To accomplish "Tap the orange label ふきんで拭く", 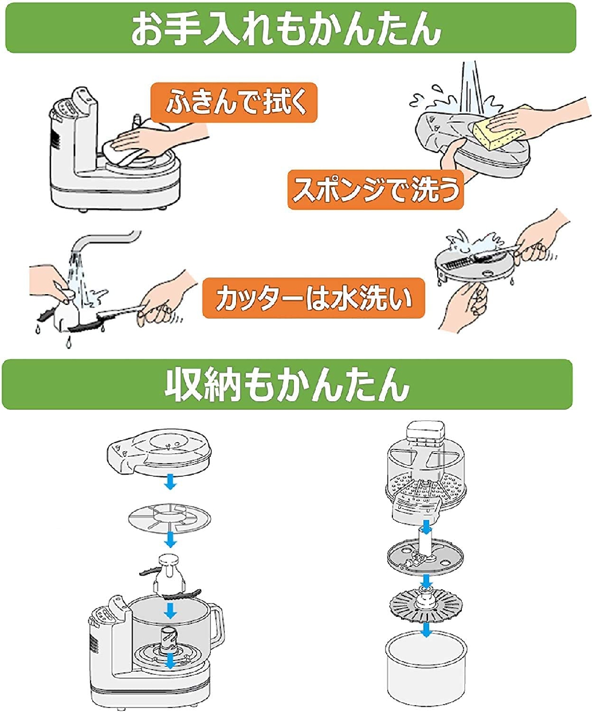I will (x=234, y=103).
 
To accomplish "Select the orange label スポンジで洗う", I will (x=375, y=189).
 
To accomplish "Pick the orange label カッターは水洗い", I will (x=313, y=299).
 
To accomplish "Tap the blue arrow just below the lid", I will (x=170, y=484).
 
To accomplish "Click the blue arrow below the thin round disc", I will (x=170, y=539).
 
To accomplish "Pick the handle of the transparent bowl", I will (x=217, y=625).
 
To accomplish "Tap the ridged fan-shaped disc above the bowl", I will (x=426, y=605).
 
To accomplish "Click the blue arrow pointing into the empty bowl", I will (x=426, y=629).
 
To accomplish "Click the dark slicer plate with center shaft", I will (x=425, y=555).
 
